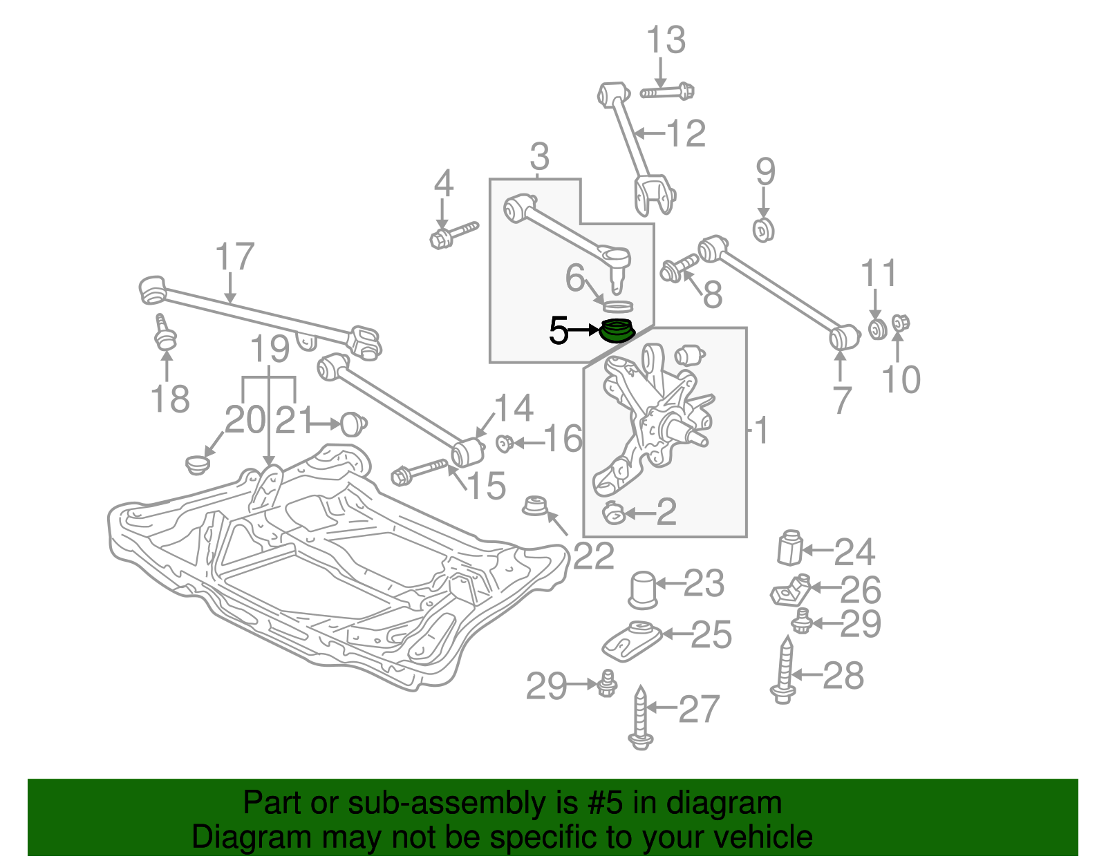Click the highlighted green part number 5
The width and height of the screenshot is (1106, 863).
(x=617, y=332)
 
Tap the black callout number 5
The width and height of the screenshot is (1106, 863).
(x=559, y=331)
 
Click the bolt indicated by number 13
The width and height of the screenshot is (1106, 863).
(x=668, y=91)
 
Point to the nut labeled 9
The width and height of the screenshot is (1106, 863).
(x=763, y=229)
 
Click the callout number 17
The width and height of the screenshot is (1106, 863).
(x=235, y=257)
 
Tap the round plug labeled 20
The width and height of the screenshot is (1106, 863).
(x=198, y=464)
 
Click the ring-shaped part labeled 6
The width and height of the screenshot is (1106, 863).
(x=619, y=305)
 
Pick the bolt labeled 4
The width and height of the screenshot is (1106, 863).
(x=452, y=234)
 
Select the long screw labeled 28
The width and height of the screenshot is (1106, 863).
(x=785, y=670)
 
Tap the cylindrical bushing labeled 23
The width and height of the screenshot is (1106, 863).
(x=642, y=589)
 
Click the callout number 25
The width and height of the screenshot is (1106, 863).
(x=711, y=634)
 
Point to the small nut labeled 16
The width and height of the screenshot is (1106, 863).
(x=504, y=442)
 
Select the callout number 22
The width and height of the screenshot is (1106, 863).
(x=593, y=556)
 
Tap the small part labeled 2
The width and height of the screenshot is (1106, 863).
(x=613, y=513)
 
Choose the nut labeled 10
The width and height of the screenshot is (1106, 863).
(x=899, y=322)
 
